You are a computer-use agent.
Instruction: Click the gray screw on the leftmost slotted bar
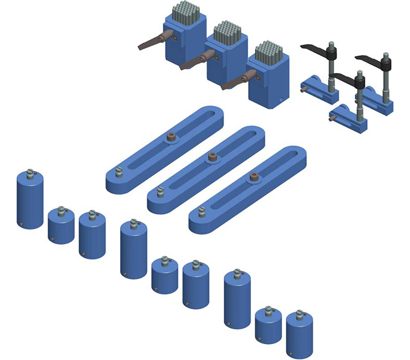click(117, 174)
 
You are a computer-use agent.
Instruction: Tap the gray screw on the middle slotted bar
click(159, 193)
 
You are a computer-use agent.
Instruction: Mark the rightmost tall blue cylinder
click(237, 300)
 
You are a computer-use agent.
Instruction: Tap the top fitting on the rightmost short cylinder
click(300, 315)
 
